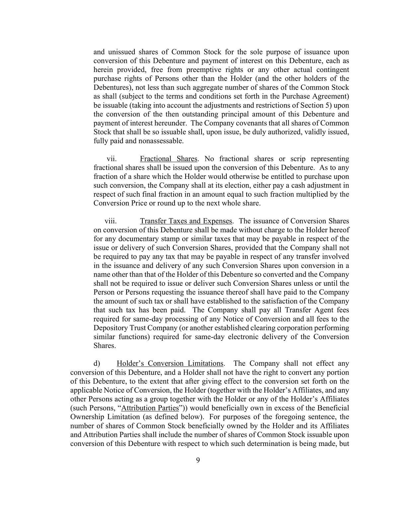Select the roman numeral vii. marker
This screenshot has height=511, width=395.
pos(112,159)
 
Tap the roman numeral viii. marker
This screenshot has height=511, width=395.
pos(111,221)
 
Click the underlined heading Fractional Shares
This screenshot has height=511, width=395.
pos(169,159)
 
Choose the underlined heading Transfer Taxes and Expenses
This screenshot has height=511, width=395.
pos(186,221)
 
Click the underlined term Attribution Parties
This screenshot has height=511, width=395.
pos(150,408)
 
